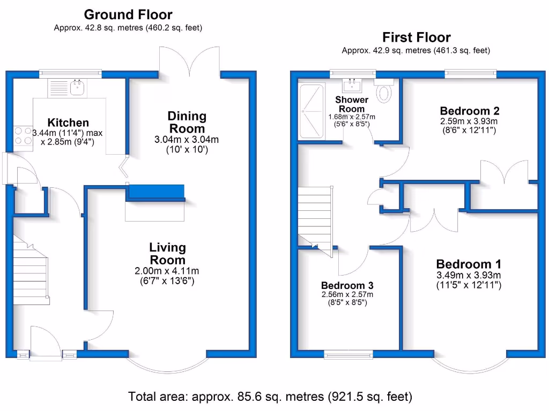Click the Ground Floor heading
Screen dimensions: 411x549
point(128,14)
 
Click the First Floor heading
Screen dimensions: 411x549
point(416,37)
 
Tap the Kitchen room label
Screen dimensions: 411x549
point(68,123)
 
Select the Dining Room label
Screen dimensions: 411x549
point(187,122)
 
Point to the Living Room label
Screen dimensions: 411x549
point(167,254)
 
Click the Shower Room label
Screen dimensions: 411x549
point(352,104)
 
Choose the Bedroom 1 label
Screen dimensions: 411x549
point(469,264)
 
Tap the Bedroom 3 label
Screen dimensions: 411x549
point(347,285)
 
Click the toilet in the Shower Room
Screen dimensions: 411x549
point(384,92)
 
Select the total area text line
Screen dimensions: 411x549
point(270,397)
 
